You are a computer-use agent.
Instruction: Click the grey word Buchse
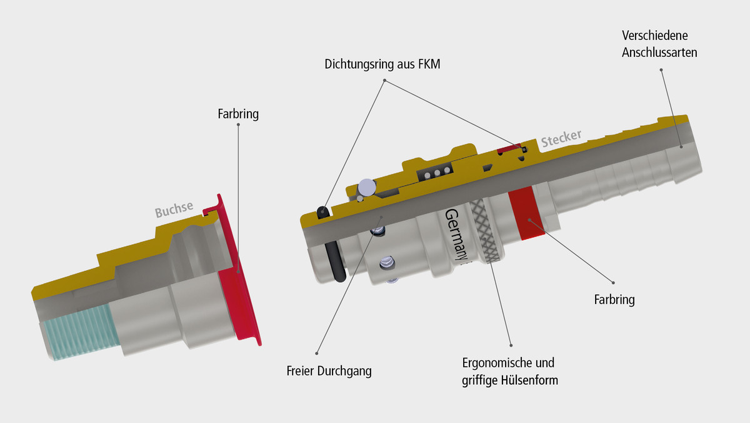[x=174, y=209]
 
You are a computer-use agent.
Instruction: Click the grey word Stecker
[x=561, y=138]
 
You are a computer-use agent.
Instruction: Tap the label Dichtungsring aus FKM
[x=382, y=64]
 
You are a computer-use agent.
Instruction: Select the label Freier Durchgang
[x=329, y=371]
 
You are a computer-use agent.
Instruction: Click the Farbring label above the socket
[x=238, y=114]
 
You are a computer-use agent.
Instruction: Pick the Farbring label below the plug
[x=614, y=300]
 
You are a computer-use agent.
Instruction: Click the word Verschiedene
[x=655, y=36]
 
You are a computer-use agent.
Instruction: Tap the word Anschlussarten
[x=659, y=53]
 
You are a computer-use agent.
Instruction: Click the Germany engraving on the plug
[x=456, y=235]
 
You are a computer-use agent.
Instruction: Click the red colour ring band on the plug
[x=526, y=213]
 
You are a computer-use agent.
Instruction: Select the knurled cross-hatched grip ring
[x=486, y=231]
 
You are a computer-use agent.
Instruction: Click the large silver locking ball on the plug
[x=367, y=187]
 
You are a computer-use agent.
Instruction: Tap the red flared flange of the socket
[x=238, y=270]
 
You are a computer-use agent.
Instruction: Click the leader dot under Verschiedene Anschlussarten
[x=661, y=69]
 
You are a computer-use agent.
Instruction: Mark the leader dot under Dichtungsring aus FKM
[x=385, y=81]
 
